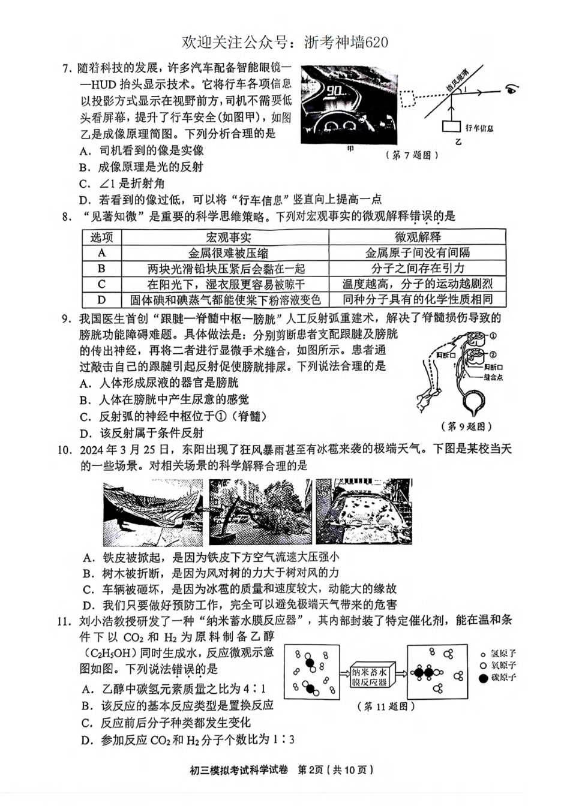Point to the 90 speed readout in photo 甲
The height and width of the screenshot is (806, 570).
338,91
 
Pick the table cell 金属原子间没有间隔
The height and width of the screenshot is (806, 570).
418,253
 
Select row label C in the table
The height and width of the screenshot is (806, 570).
102,284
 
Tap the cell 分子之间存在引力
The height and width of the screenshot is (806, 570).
418,269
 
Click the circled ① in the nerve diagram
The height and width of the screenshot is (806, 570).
494,335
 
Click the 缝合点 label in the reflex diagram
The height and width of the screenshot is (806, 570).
493,378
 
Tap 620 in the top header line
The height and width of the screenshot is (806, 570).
375,41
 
